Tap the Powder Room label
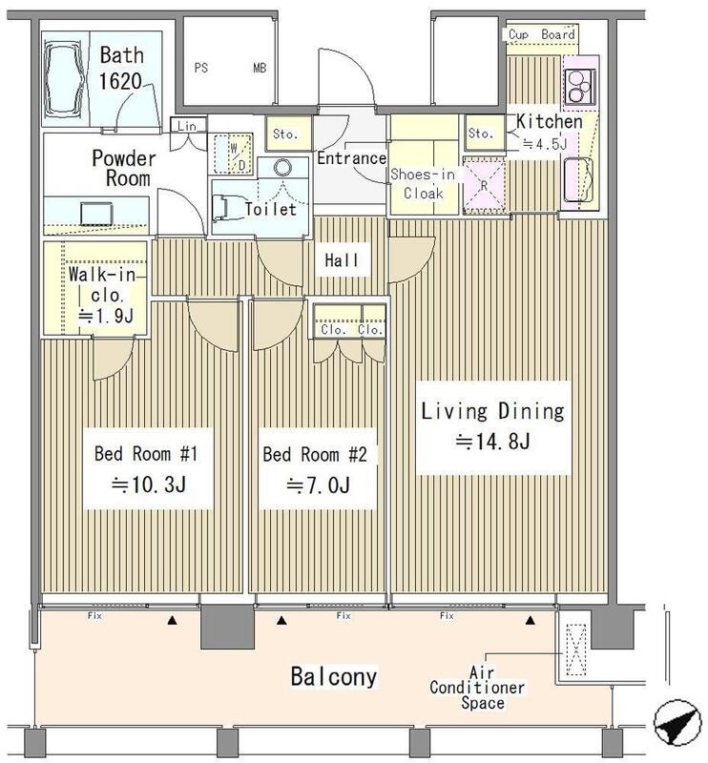(x=124, y=168)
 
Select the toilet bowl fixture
(x=222, y=208)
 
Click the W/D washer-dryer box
(x=230, y=153)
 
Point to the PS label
(x=201, y=68)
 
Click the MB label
(x=260, y=68)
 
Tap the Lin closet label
(x=187, y=126)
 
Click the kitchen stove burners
(x=579, y=87)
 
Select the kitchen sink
(x=578, y=179)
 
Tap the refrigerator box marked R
(x=484, y=185)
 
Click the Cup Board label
(x=541, y=34)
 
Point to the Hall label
(x=342, y=260)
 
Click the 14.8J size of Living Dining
(x=492, y=442)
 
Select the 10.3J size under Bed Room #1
(x=148, y=485)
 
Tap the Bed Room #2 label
(x=315, y=455)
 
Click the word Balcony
(x=334, y=677)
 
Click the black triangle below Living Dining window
(x=531, y=621)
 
